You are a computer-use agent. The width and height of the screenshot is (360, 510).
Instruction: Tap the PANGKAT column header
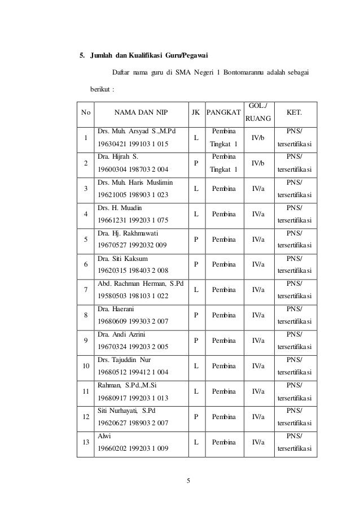tap(223, 112)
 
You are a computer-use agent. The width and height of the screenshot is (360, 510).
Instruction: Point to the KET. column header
tap(294, 112)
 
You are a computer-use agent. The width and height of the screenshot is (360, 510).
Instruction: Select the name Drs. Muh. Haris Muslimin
tap(135, 182)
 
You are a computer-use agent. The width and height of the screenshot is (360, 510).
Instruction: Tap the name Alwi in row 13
tap(106, 436)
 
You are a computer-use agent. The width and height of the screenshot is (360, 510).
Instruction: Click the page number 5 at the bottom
tap(189, 481)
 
